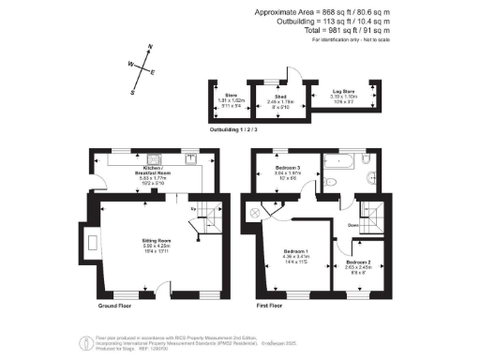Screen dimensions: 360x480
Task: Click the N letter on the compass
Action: [149, 47]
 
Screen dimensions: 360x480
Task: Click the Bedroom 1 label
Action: [294, 251]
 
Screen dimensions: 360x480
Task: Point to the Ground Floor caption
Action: [114, 306]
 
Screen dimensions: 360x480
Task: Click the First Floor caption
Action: [270, 306]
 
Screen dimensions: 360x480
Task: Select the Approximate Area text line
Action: [322, 12]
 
